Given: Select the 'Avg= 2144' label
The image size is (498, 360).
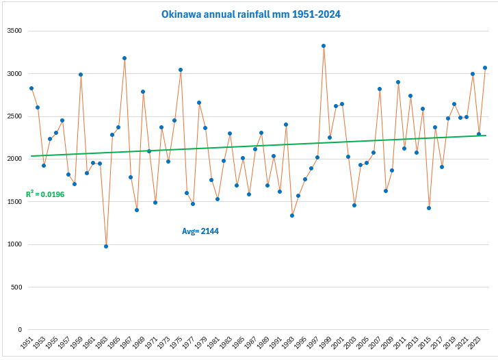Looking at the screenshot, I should pyautogui.click(x=200, y=231).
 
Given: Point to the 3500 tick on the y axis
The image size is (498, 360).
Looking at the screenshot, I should pyautogui.click(x=14, y=31).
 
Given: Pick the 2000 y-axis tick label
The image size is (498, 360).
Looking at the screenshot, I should pyautogui.click(x=14, y=159).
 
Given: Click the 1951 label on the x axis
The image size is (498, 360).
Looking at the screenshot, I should pyautogui.click(x=27, y=342).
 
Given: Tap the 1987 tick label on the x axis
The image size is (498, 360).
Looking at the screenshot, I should pyautogui.click(x=252, y=342).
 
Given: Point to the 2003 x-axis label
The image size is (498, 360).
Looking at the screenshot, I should pyautogui.click(x=351, y=342).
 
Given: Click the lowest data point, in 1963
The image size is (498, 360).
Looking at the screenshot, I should pyautogui.click(x=106, y=246).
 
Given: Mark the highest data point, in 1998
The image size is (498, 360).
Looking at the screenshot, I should pyautogui.click(x=324, y=46).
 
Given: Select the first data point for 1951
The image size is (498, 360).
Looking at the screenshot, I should pyautogui.click(x=31, y=88).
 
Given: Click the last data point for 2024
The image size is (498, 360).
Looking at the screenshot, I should pyautogui.click(x=485, y=68).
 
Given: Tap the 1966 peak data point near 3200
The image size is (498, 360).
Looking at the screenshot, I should pyautogui.click(x=124, y=58).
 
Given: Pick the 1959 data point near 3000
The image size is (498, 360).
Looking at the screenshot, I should pyautogui.click(x=81, y=75).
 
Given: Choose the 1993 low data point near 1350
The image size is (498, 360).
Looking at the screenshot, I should pyautogui.click(x=292, y=216).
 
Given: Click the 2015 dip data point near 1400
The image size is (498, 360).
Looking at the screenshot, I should pyautogui.click(x=429, y=208).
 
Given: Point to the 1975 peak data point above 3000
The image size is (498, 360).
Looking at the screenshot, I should pyautogui.click(x=181, y=70).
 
